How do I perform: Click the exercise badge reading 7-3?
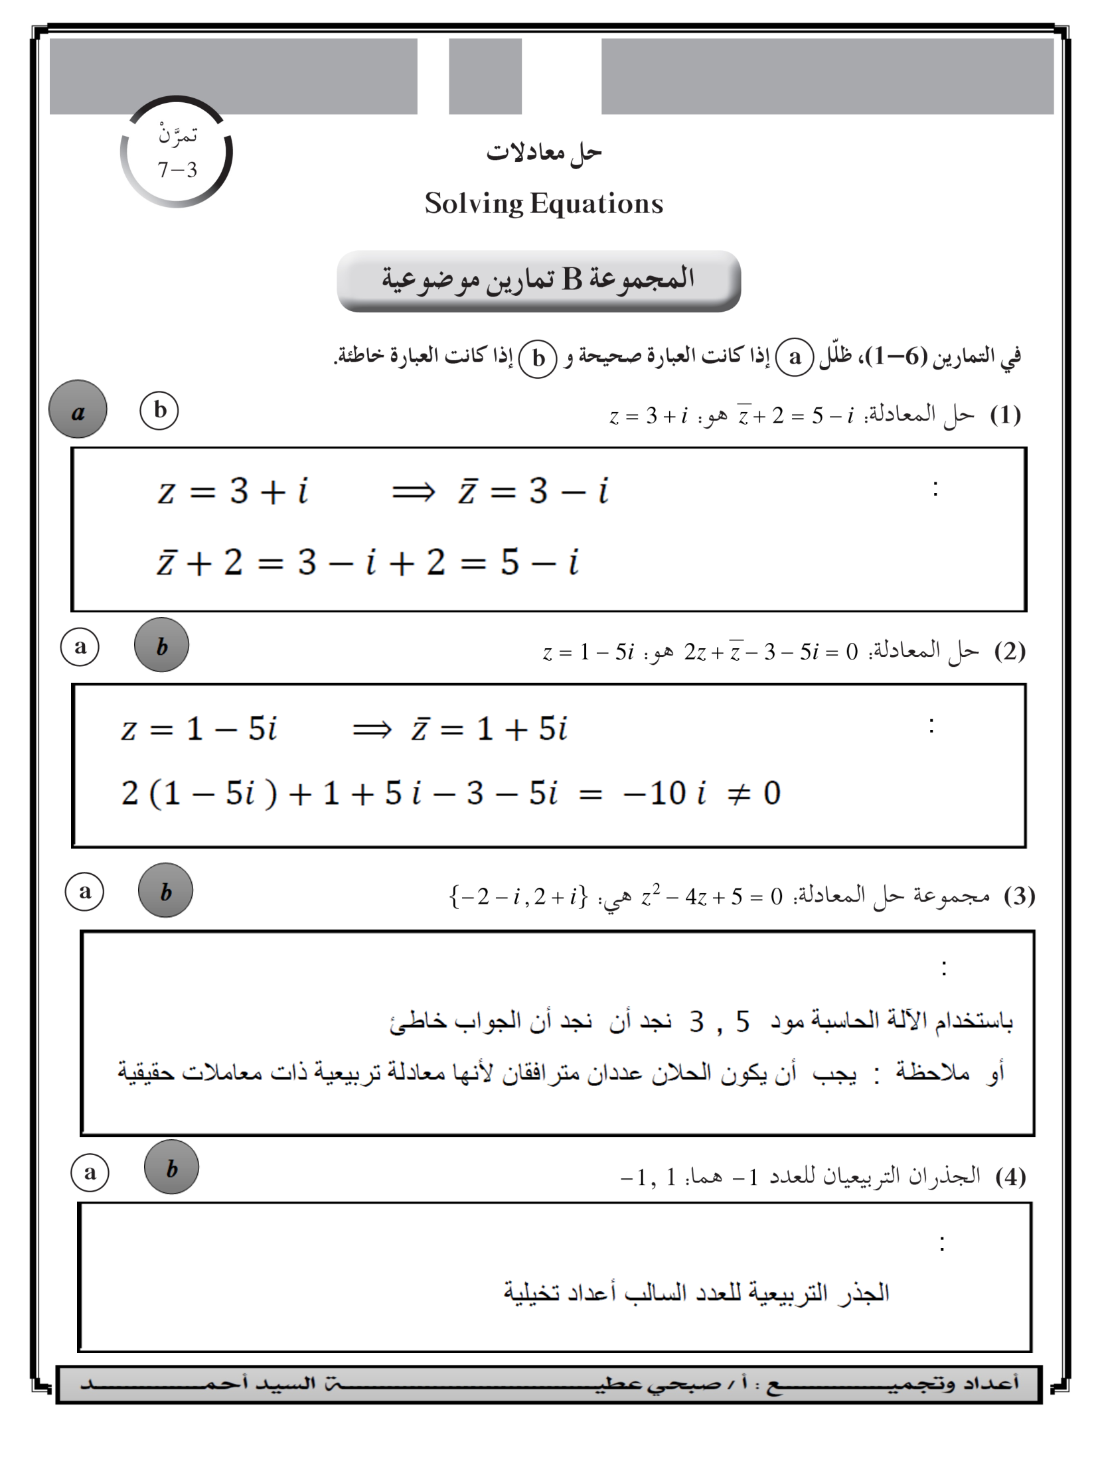177,153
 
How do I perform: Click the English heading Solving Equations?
544,204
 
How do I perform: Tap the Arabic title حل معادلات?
544,153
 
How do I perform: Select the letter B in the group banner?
572,279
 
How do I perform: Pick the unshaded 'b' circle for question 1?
159,411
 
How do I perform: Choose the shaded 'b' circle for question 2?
161,646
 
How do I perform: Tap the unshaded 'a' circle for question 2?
80,647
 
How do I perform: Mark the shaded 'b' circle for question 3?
165,891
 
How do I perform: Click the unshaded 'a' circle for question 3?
85,892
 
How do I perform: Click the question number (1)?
1005,415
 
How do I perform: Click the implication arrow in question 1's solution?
413,492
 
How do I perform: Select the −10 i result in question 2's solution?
664,794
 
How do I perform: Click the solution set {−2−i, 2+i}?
518,897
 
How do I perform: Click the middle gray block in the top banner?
485,76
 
